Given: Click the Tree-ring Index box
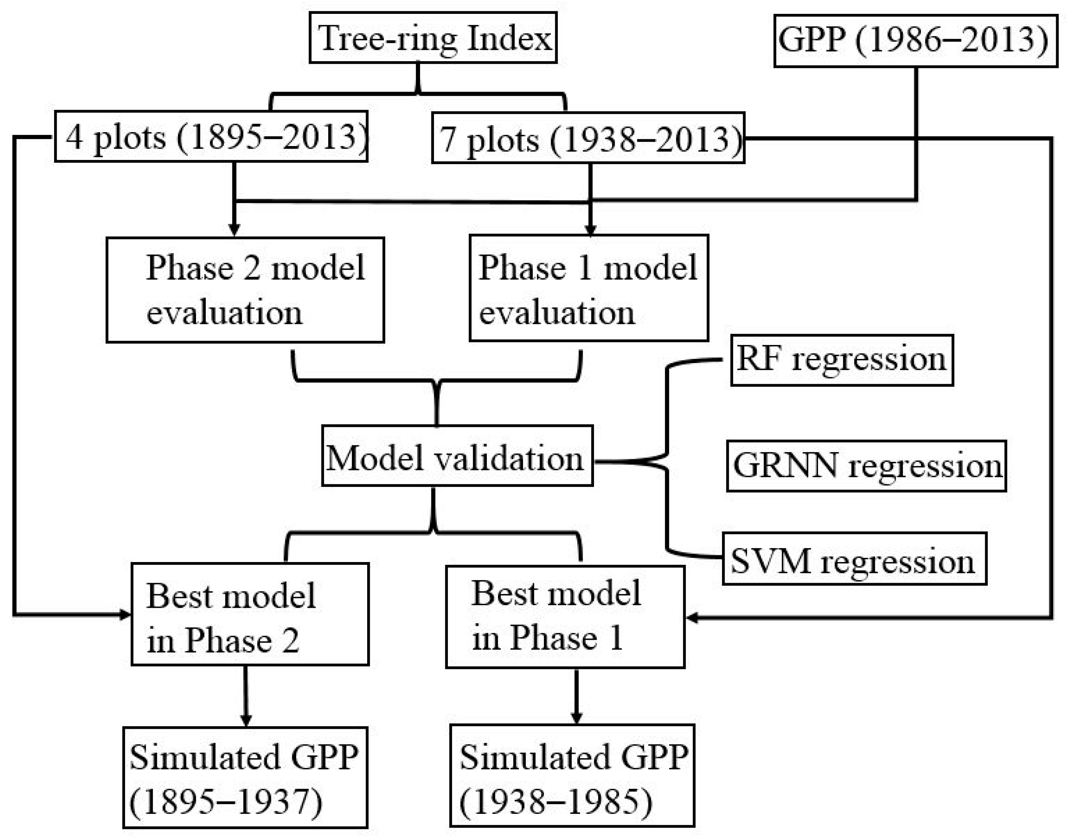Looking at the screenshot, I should click(x=433, y=38).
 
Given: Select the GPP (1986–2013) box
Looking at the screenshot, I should click(x=915, y=40).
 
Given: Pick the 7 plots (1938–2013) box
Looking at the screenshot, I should click(x=588, y=139).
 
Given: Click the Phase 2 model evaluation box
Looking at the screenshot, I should click(x=245, y=290).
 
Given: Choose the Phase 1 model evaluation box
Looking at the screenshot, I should click(x=588, y=288).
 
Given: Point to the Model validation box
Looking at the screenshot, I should click(x=457, y=456).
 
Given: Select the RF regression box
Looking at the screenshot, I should click(x=841, y=360).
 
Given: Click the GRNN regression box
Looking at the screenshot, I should click(x=866, y=466).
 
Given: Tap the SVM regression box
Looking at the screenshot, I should click(x=854, y=559).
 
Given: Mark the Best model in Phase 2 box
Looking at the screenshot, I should click(x=250, y=614).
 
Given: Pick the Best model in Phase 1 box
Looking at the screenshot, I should click(x=565, y=617).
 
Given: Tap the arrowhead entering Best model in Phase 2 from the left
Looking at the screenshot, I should click(x=125, y=614).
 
